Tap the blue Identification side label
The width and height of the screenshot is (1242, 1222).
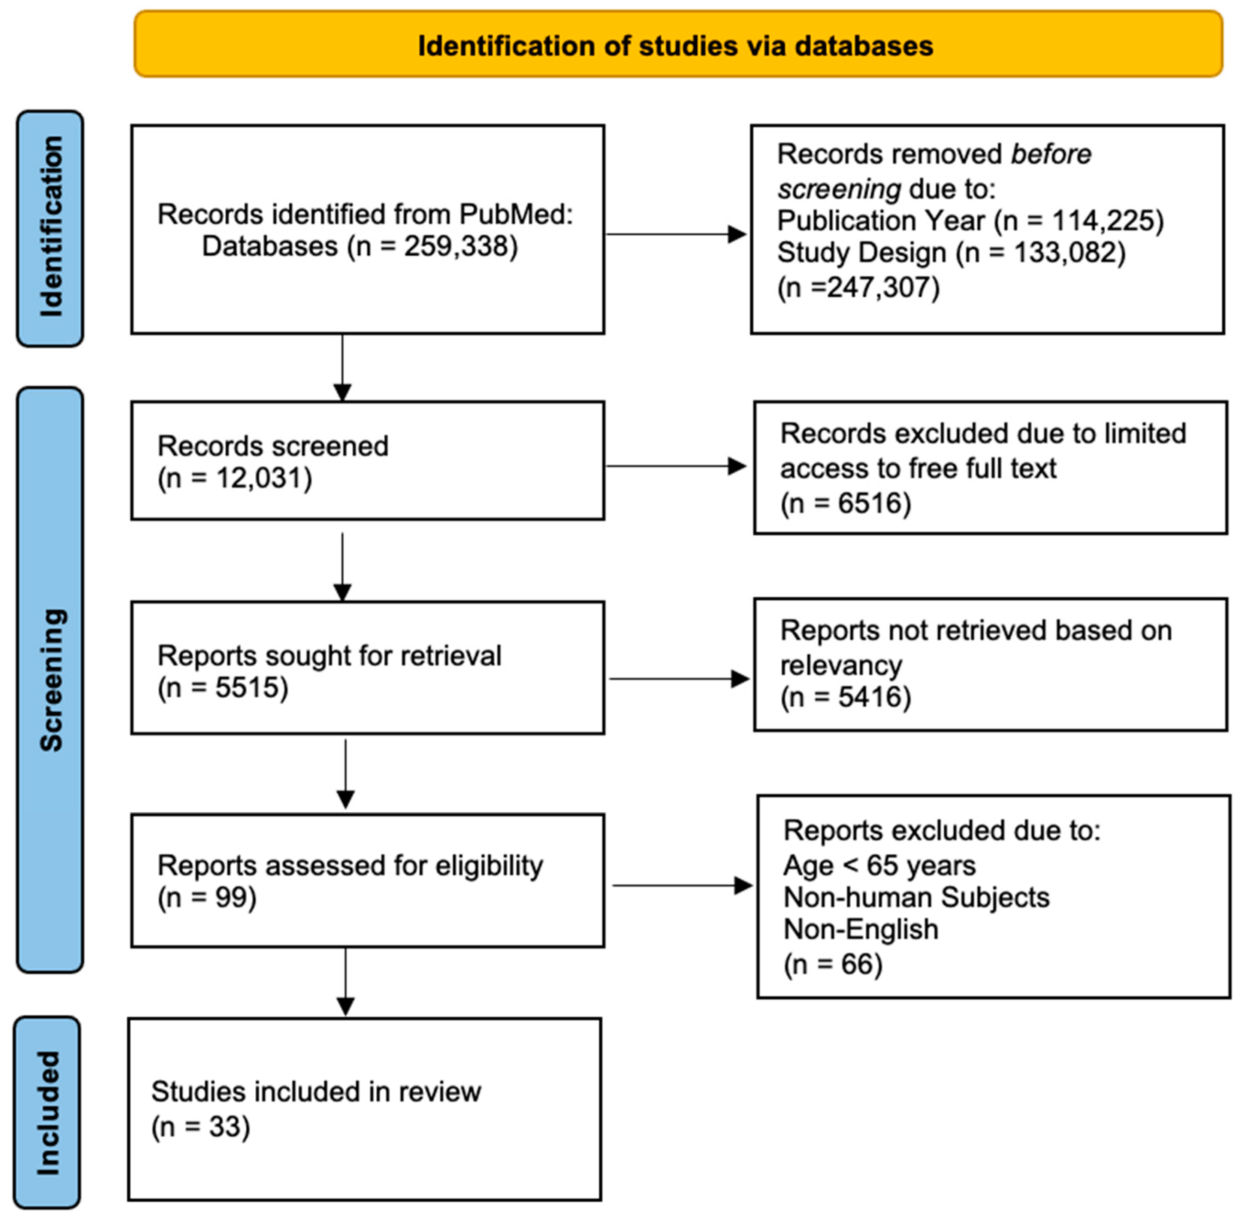51,228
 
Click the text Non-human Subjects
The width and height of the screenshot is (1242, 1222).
916,897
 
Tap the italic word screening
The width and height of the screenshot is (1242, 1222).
839,189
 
